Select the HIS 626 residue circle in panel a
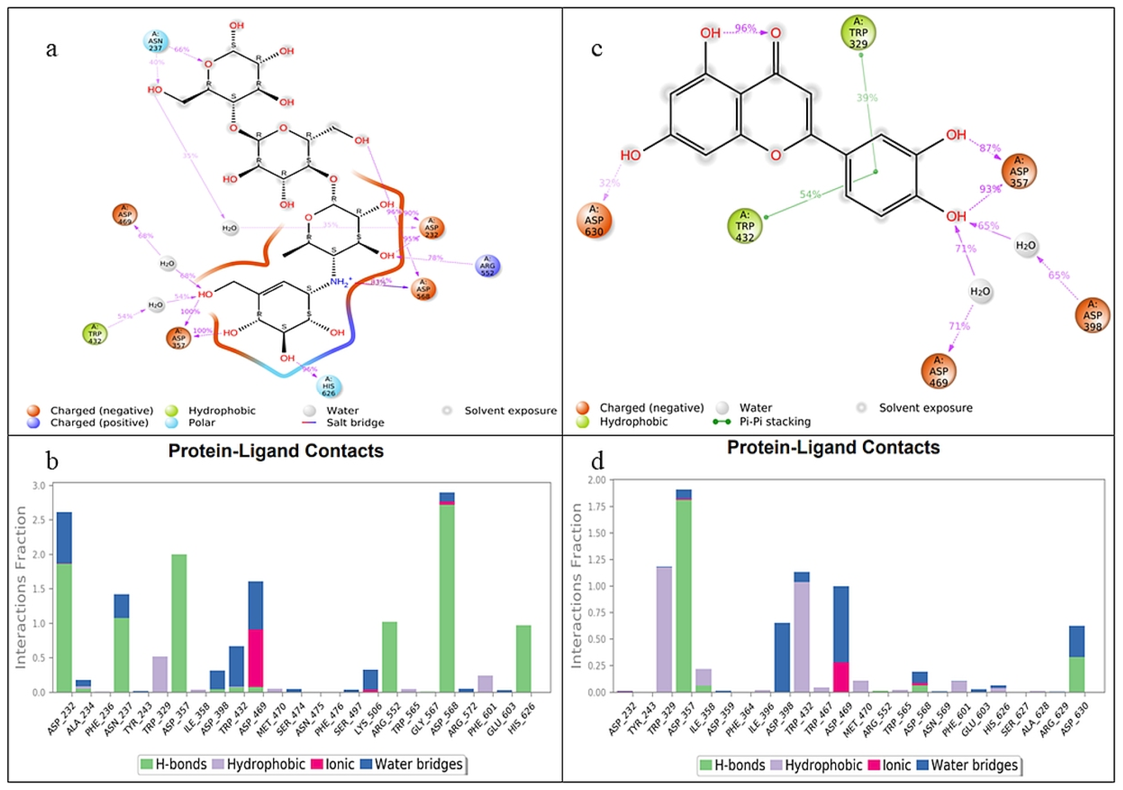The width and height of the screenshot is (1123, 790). (329, 386)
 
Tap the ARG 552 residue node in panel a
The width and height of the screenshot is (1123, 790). (487, 266)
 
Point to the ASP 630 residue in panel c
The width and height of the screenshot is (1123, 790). (594, 220)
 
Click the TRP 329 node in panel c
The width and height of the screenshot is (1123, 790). (858, 33)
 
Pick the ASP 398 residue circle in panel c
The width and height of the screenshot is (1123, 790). (1092, 315)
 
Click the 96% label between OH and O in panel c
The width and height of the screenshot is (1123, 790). (745, 29)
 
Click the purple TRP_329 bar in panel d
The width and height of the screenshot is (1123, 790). (664, 629)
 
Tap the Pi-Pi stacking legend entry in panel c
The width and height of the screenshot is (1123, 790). (774, 421)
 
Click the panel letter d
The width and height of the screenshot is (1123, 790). (597, 461)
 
